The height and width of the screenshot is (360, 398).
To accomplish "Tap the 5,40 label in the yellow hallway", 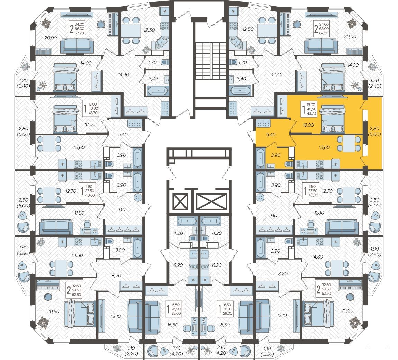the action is coord(271,134).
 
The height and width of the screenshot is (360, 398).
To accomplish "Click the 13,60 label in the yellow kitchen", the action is coord(324,147).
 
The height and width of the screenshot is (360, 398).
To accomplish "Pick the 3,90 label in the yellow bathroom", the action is coord(275,155).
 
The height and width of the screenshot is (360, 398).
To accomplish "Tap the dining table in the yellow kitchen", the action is coord(349,143).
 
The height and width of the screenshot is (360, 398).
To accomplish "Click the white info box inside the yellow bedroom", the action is coord(308,109).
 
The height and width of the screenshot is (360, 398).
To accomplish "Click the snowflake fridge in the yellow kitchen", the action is coord(335,164).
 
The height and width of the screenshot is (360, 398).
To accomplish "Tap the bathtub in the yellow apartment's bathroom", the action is coord(260,158).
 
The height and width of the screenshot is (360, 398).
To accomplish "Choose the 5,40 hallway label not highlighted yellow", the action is coord(123,134).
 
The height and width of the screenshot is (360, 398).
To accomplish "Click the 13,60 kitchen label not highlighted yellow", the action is coord(80,147).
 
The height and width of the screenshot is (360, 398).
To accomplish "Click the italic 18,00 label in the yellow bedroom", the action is coord(308,125).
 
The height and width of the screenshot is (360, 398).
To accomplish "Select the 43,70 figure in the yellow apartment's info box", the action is coord(311,114).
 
